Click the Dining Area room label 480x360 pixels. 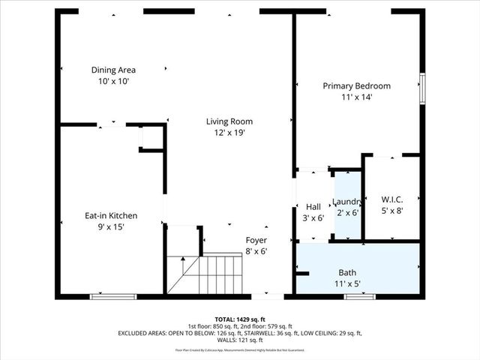point(113,70)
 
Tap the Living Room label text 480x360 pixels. point(229,121)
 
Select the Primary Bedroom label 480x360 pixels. point(356,86)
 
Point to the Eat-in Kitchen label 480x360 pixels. point(110,216)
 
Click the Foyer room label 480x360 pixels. point(256,240)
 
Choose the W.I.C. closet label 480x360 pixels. point(392,199)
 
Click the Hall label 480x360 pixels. point(313,206)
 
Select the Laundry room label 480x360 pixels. point(347,202)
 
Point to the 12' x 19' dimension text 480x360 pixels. point(229,133)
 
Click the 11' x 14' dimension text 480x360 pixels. point(356,97)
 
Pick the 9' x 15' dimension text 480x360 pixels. point(110,227)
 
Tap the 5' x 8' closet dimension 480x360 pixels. point(392,211)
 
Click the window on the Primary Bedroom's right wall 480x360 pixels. point(422,88)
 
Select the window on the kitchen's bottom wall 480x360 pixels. point(113,297)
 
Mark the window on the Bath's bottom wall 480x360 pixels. point(359,297)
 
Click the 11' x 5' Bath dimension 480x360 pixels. point(347,284)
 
